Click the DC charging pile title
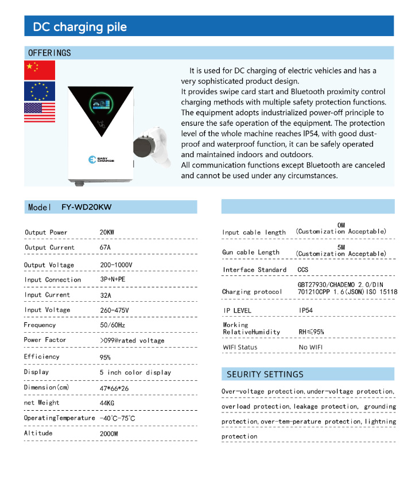[x=80, y=27]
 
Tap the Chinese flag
[x=39, y=69]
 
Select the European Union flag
[x=39, y=91]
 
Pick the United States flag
[x=39, y=112]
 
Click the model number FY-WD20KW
[x=86, y=207]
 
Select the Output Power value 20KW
[x=107, y=232]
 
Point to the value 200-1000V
[x=117, y=265]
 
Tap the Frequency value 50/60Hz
[x=112, y=325]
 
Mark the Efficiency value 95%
[x=105, y=357]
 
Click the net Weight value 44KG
[x=107, y=403]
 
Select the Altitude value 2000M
[x=109, y=434]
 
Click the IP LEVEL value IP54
[x=307, y=310]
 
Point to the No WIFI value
[x=310, y=347]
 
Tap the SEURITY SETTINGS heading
[x=265, y=374]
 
